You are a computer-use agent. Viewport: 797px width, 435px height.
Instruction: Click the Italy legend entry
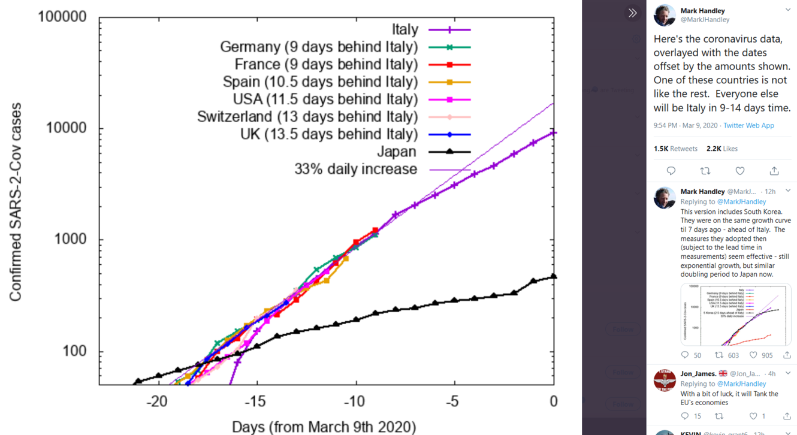pos(404,29)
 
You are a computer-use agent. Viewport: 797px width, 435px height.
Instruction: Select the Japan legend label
pos(396,152)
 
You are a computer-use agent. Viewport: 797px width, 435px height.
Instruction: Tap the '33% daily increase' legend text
pos(355,170)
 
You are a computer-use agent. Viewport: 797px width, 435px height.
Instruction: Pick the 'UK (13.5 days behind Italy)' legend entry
pos(328,134)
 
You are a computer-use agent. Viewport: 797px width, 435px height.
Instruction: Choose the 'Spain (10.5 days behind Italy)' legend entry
pos(320,81)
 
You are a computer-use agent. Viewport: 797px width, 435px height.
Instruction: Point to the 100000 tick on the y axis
pos(62,17)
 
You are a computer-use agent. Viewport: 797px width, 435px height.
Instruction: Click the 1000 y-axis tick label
pos(71,240)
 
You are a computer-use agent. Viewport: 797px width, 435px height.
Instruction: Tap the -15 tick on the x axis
pos(256,400)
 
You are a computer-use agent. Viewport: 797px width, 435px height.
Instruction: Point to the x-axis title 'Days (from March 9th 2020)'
pos(324,427)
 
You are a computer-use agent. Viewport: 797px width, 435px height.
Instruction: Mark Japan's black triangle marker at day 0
pos(554,276)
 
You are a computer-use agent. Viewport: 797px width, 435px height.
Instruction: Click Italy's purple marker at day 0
pos(554,133)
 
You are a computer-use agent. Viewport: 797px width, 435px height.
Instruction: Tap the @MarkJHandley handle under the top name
pos(705,20)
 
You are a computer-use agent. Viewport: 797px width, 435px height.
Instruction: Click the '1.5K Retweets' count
pos(675,149)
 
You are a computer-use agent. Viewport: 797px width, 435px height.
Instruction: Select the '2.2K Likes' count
pos(721,149)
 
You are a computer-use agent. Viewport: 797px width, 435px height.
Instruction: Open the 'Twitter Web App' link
pos(748,126)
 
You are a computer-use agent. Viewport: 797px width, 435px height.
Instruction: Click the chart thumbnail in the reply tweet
pos(735,315)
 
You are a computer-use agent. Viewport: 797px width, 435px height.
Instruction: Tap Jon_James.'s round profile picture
pos(665,380)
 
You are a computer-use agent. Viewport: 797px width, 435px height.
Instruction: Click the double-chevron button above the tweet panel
pos(632,13)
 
